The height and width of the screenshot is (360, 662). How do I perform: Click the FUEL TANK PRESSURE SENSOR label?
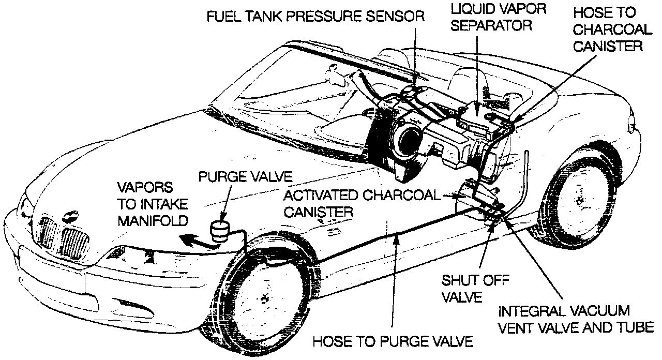tap(315, 17)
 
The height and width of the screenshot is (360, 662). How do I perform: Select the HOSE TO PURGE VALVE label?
tap(394, 341)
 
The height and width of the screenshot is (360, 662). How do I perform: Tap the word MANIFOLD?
tap(152, 221)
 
